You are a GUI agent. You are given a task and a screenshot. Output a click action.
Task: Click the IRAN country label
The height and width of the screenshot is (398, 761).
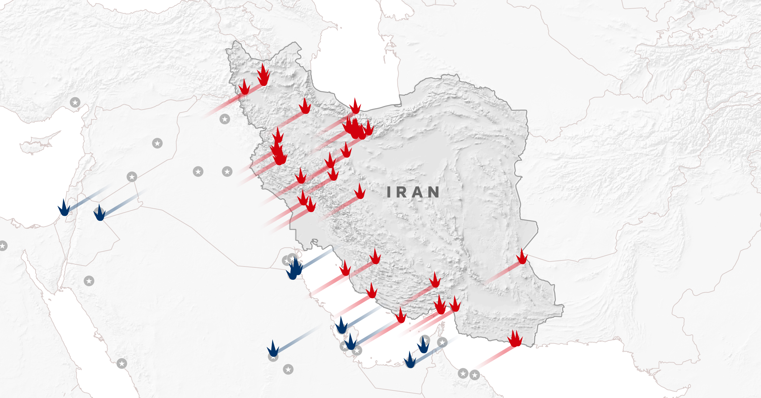click(413, 192)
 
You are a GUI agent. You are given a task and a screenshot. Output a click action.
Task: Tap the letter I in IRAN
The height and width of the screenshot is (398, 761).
click(389, 192)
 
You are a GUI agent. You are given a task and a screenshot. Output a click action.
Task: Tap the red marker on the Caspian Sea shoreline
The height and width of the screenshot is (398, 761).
click(355, 107)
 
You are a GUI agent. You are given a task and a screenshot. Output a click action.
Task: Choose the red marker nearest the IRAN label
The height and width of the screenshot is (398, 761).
click(360, 192)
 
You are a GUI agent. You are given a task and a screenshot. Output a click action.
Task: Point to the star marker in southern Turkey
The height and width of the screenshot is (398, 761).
click(75, 102)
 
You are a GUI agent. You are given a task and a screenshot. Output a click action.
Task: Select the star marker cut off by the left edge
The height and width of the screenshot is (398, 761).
click(3, 246)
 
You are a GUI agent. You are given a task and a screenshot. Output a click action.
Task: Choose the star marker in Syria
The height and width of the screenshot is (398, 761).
click(157, 143)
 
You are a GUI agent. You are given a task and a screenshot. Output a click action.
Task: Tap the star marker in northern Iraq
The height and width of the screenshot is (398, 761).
click(225, 119)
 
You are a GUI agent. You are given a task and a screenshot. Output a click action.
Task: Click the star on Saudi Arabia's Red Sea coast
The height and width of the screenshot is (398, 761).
click(122, 363)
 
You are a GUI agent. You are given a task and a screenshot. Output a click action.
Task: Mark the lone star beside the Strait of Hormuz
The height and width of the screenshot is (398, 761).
click(442, 342)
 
